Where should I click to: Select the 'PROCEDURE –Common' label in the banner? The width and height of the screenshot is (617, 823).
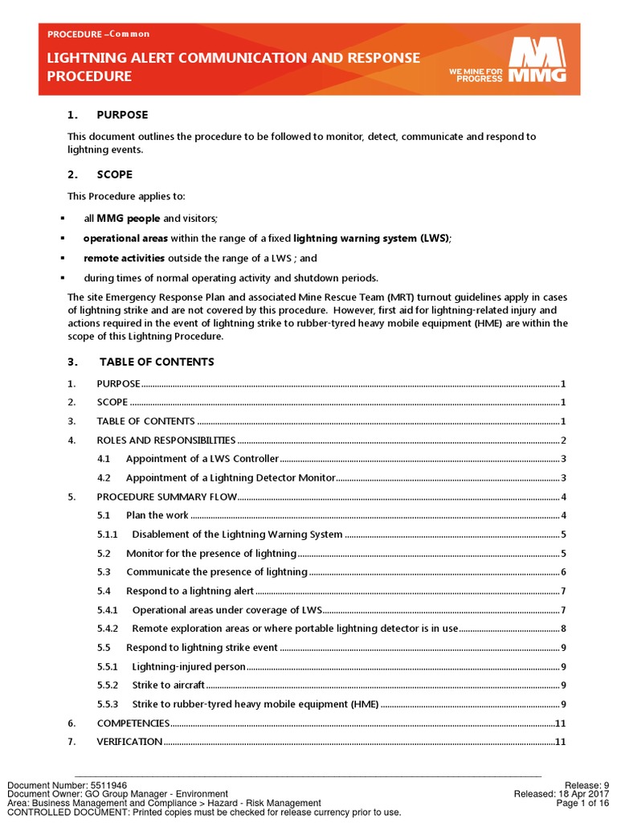98,34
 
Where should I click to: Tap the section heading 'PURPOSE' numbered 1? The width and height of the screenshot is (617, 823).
122,115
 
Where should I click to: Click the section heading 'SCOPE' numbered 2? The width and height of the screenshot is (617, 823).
114,174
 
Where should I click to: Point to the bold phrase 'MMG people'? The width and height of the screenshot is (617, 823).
129,219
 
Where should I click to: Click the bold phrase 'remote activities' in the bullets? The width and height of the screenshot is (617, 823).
124,258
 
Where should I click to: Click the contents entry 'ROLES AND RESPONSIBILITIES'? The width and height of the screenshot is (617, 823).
165,440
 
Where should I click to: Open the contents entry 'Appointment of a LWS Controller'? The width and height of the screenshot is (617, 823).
202,459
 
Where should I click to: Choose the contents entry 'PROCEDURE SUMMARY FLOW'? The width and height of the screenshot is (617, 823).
166,497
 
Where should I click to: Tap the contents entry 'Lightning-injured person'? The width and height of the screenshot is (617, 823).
188,666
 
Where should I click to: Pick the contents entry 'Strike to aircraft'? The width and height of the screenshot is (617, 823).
168,685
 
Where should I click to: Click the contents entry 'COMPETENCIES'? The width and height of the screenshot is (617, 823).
133,723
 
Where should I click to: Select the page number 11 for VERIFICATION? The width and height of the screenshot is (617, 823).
561,742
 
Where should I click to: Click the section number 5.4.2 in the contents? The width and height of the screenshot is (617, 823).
108,629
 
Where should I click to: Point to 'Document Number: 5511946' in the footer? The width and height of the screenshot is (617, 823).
67,785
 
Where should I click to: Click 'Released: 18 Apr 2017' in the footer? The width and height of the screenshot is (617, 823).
562,794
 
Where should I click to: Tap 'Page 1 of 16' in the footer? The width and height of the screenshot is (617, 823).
582,803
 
